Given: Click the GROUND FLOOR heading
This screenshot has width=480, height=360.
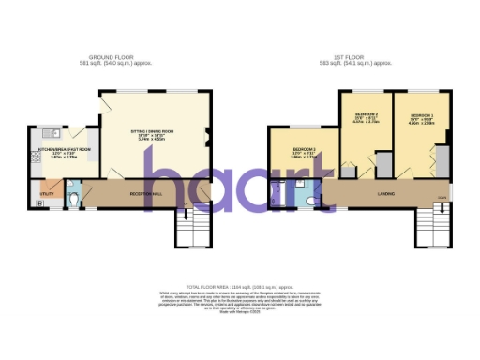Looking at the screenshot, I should pos(118,57).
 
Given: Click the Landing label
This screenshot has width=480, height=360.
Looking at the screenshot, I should pos(357,194).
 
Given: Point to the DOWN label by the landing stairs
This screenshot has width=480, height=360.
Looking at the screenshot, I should pos(442,198).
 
